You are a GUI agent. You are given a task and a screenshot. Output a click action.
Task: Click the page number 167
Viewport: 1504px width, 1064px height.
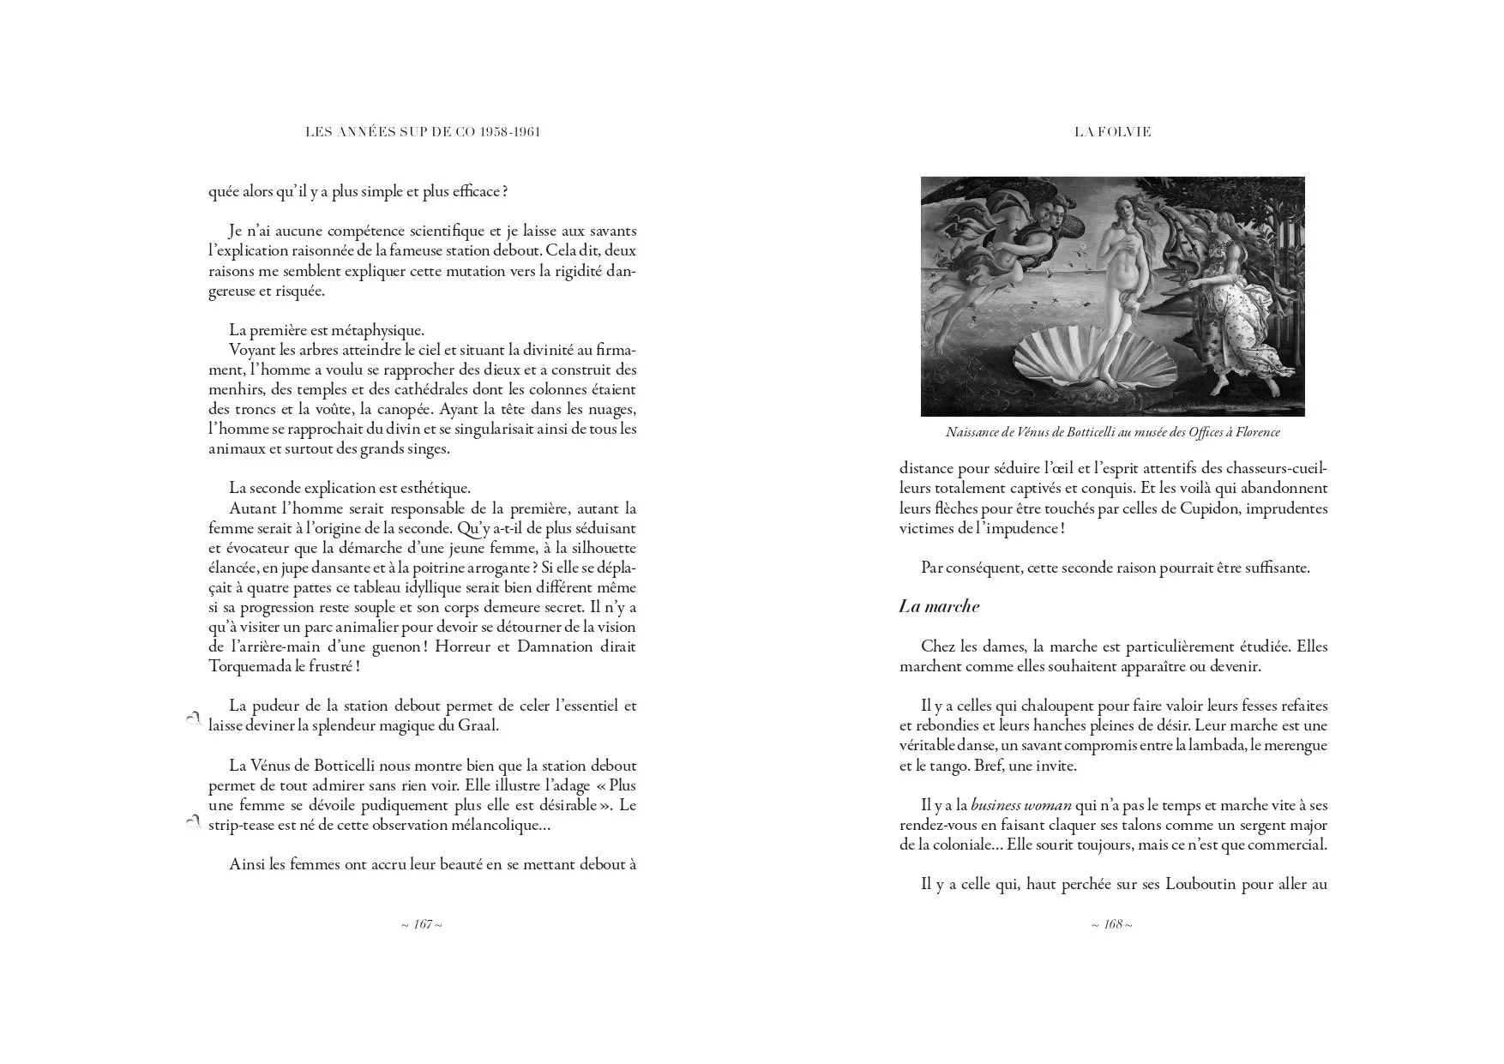tap(422, 925)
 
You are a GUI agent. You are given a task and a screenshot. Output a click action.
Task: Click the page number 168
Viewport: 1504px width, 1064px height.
tap(1112, 925)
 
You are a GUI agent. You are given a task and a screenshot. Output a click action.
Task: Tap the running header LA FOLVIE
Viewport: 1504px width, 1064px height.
tap(1112, 132)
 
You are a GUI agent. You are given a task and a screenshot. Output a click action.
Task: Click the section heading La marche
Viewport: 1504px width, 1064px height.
tap(939, 606)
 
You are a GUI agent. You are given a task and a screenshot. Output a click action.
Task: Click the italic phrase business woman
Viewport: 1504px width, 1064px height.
tap(1021, 805)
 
